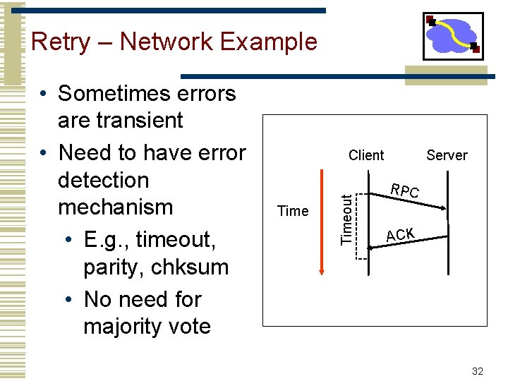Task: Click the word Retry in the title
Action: (x=61, y=42)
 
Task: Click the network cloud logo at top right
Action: (x=453, y=36)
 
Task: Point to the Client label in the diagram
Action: (x=366, y=155)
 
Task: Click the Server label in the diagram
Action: (x=447, y=155)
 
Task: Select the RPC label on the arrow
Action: (x=406, y=191)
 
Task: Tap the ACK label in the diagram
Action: (x=401, y=234)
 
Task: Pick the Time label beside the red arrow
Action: (x=293, y=211)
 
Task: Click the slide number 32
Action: (x=476, y=370)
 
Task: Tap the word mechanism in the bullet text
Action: (x=115, y=207)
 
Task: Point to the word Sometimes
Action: (x=147, y=93)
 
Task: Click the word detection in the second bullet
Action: (x=104, y=180)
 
